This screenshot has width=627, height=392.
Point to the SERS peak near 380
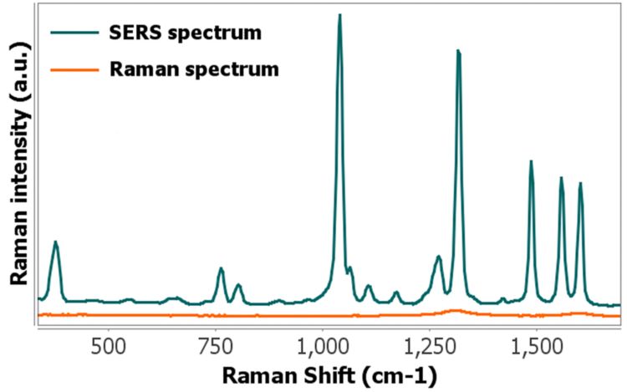pyautogui.click(x=56, y=242)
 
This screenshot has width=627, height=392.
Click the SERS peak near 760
pyautogui.click(x=221, y=269)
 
